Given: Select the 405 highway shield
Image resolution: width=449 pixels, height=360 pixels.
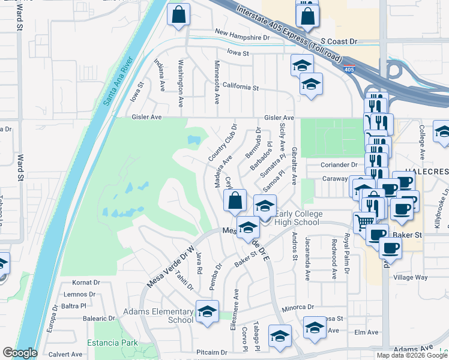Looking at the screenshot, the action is (x=349, y=70).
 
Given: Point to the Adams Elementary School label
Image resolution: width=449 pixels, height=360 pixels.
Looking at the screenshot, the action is (x=158, y=316).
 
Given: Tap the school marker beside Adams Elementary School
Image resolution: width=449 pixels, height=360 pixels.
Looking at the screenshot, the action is (x=207, y=313).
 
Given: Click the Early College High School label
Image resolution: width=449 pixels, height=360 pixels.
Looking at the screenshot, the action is (x=300, y=218).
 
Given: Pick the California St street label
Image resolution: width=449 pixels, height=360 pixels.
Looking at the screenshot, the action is (x=240, y=87).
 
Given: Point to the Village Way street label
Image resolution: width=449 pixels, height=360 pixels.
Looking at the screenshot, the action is (x=411, y=278).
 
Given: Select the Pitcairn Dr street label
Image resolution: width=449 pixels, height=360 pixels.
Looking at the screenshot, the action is (x=211, y=353).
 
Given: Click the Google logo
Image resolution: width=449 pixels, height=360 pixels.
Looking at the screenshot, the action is (x=20, y=353).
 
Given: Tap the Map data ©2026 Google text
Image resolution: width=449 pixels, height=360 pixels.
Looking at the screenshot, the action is (x=412, y=355).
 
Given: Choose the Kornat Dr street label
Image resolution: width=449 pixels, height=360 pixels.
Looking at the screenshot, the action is (x=85, y=282).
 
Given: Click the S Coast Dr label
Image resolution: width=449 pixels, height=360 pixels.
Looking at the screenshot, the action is (x=339, y=41).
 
